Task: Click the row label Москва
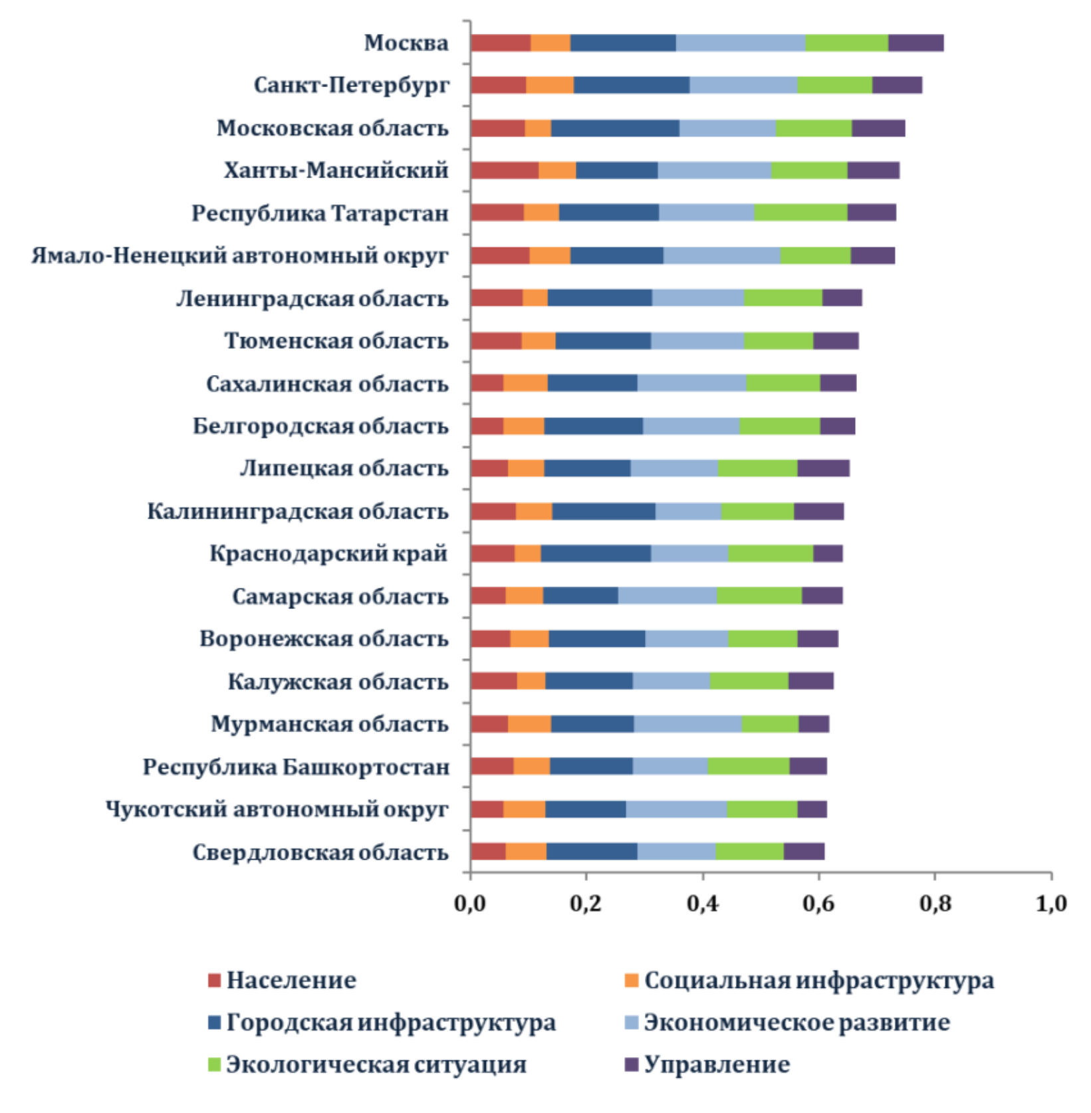pos(406,43)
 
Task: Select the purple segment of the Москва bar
pos(915,43)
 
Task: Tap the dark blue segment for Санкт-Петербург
pos(632,85)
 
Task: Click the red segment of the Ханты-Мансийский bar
pos(505,170)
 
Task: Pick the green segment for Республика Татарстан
pos(800,213)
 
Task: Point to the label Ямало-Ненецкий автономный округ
pos(240,255)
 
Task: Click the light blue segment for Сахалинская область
pos(691,383)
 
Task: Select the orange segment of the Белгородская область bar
pos(524,426)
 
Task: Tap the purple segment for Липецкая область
pos(823,468)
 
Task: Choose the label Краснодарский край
pos(329,553)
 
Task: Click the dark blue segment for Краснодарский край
pos(596,553)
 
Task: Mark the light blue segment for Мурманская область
pos(687,724)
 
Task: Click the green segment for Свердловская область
pos(749,852)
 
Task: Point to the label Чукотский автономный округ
pos(277,809)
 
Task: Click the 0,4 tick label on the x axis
pos(702,904)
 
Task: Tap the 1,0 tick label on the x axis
pos(1051,904)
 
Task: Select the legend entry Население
pos(291,980)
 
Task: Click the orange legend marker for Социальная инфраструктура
pos(632,980)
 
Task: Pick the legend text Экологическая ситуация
pos(376,1064)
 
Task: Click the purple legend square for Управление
pos(632,1064)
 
